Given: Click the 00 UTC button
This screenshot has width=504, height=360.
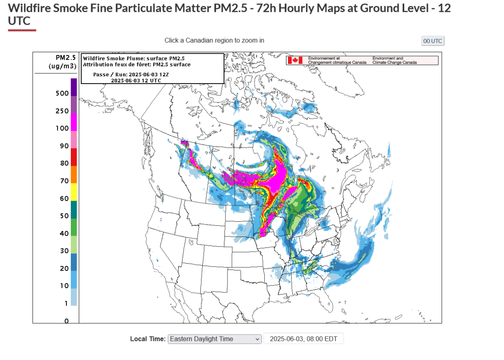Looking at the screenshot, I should [433, 41].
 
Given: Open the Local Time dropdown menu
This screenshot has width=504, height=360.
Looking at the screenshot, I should [215, 339].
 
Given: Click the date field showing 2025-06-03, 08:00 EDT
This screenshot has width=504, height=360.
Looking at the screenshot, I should [303, 339].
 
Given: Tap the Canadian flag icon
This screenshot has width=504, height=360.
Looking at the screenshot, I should [295, 60].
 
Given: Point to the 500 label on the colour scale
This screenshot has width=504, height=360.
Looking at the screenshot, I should [62, 93].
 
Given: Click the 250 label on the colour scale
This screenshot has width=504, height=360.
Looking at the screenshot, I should [62, 111].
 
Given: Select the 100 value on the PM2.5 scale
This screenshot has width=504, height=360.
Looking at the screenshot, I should [62, 128].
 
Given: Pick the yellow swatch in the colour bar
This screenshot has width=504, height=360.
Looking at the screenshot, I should [74, 191].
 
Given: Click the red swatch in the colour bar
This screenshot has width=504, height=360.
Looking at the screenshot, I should [74, 157].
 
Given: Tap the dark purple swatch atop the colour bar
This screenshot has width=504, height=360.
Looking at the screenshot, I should [74, 87].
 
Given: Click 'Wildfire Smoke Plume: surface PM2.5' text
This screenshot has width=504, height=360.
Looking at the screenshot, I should [134, 59].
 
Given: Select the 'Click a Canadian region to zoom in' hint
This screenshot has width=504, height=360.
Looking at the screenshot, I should [214, 40].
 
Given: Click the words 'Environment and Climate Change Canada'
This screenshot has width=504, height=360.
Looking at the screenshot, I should [395, 60].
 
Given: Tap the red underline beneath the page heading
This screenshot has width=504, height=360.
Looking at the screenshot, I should [22, 30].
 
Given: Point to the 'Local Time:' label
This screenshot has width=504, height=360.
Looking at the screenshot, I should [148, 339].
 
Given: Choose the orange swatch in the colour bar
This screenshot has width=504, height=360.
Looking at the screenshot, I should [74, 175].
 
